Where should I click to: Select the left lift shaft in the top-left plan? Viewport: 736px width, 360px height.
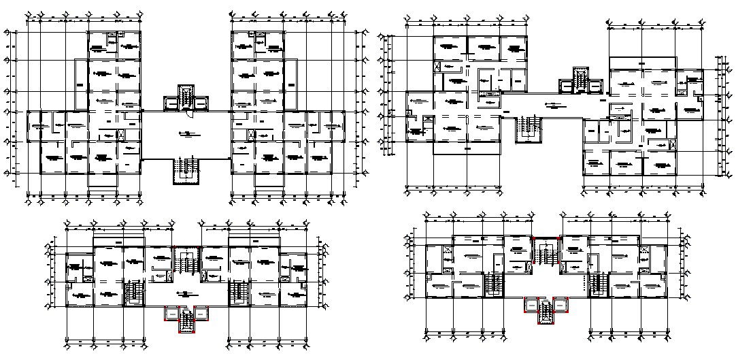coord(171,103)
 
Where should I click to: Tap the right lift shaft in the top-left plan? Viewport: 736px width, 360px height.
coord(201,103)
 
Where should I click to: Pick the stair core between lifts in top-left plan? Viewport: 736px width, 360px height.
coord(186,96)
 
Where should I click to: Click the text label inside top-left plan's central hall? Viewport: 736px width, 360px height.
coord(184,133)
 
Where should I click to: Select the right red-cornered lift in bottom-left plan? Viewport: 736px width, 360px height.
coord(201,312)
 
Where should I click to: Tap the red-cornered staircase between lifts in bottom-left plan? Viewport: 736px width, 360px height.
coord(186,321)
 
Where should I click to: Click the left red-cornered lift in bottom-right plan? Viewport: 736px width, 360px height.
coord(531,305)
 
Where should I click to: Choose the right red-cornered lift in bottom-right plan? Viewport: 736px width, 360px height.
coord(561,305)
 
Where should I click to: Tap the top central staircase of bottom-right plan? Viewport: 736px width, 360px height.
coord(546,252)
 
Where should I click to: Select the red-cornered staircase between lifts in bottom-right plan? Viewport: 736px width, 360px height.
coord(546,312)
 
